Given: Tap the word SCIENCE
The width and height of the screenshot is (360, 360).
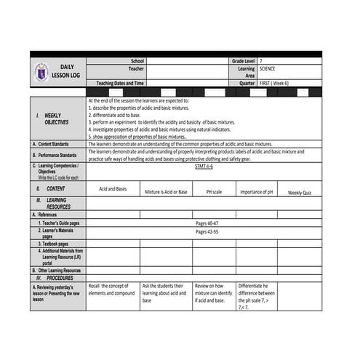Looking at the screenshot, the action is click(x=270, y=68).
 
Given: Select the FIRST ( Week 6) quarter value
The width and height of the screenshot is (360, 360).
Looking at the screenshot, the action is click(x=274, y=83).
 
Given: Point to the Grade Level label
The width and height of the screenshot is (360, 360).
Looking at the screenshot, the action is click(x=244, y=61).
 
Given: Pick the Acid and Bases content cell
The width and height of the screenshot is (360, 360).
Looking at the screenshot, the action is click(x=112, y=188).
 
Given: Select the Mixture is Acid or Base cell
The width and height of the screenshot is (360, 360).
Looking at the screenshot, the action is click(x=166, y=192).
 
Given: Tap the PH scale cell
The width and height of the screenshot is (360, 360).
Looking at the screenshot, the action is click(x=214, y=192).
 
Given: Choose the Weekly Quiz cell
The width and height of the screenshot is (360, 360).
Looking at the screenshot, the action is click(x=300, y=193).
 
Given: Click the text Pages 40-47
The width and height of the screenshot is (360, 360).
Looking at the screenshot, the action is click(x=207, y=223).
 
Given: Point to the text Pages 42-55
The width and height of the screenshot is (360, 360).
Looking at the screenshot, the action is click(x=207, y=232).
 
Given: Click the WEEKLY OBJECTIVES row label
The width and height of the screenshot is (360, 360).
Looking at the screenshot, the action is click(x=52, y=119).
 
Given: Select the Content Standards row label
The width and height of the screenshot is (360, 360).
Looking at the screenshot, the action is click(x=53, y=144).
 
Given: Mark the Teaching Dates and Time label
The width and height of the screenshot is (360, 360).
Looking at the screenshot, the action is click(x=120, y=83).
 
